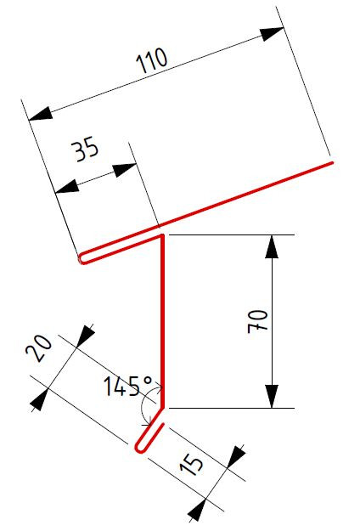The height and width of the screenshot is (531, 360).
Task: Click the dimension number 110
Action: coord(152,60)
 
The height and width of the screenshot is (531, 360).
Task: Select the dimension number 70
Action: coord(258,320)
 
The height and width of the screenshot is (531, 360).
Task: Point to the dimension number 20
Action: coord(39,348)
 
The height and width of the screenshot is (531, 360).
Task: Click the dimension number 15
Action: coord(192,465)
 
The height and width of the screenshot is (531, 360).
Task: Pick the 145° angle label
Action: coord(127,386)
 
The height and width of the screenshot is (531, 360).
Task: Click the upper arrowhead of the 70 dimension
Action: coord(272,246)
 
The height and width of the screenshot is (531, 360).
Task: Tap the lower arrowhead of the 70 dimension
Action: coord(272,396)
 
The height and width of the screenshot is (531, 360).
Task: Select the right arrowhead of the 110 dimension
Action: coord(272,33)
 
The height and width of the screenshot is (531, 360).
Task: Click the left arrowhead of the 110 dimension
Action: coord(40,114)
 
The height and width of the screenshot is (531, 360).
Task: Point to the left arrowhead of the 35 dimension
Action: coord(67,187)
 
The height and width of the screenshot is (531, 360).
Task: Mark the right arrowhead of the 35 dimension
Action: coord(125,169)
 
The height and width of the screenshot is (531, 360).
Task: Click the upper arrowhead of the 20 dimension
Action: coord(85,336)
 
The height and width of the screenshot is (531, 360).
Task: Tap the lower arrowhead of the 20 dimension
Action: coord(40,400)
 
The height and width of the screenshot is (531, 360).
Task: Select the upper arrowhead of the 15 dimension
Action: coord(236,457)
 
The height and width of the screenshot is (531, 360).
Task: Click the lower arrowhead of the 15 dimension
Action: coord(197,510)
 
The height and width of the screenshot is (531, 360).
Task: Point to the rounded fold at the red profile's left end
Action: coord(82,259)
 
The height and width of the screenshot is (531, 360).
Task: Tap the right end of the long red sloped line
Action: coord(332,163)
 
